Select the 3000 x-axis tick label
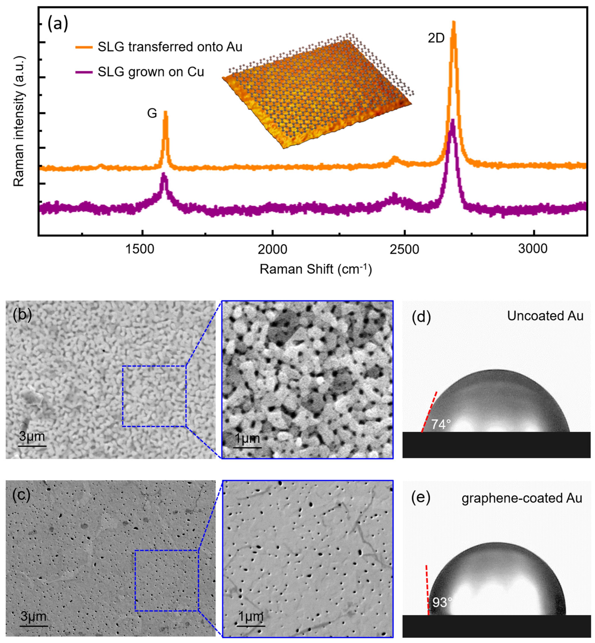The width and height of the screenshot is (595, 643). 533,249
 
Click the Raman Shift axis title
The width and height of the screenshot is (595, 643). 315,269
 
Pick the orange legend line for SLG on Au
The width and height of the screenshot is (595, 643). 84,47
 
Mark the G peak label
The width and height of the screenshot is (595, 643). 152,113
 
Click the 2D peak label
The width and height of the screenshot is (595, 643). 436,38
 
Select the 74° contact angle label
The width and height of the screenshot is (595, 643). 440,425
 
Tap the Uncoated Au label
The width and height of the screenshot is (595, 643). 545,316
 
